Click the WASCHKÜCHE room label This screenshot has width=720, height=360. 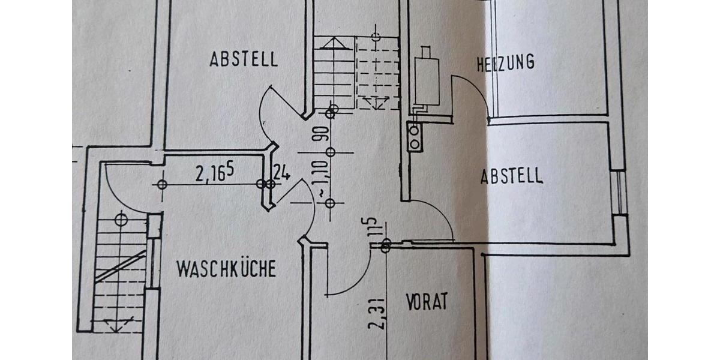226,269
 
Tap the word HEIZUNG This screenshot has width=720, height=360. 505,62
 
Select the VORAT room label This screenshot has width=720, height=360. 427,301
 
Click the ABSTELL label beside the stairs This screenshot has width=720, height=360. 244,59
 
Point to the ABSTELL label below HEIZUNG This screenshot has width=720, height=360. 511,176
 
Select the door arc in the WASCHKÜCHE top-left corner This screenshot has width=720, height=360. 123,186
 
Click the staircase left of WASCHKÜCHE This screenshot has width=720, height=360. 122,270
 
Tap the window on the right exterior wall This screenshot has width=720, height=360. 620,192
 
